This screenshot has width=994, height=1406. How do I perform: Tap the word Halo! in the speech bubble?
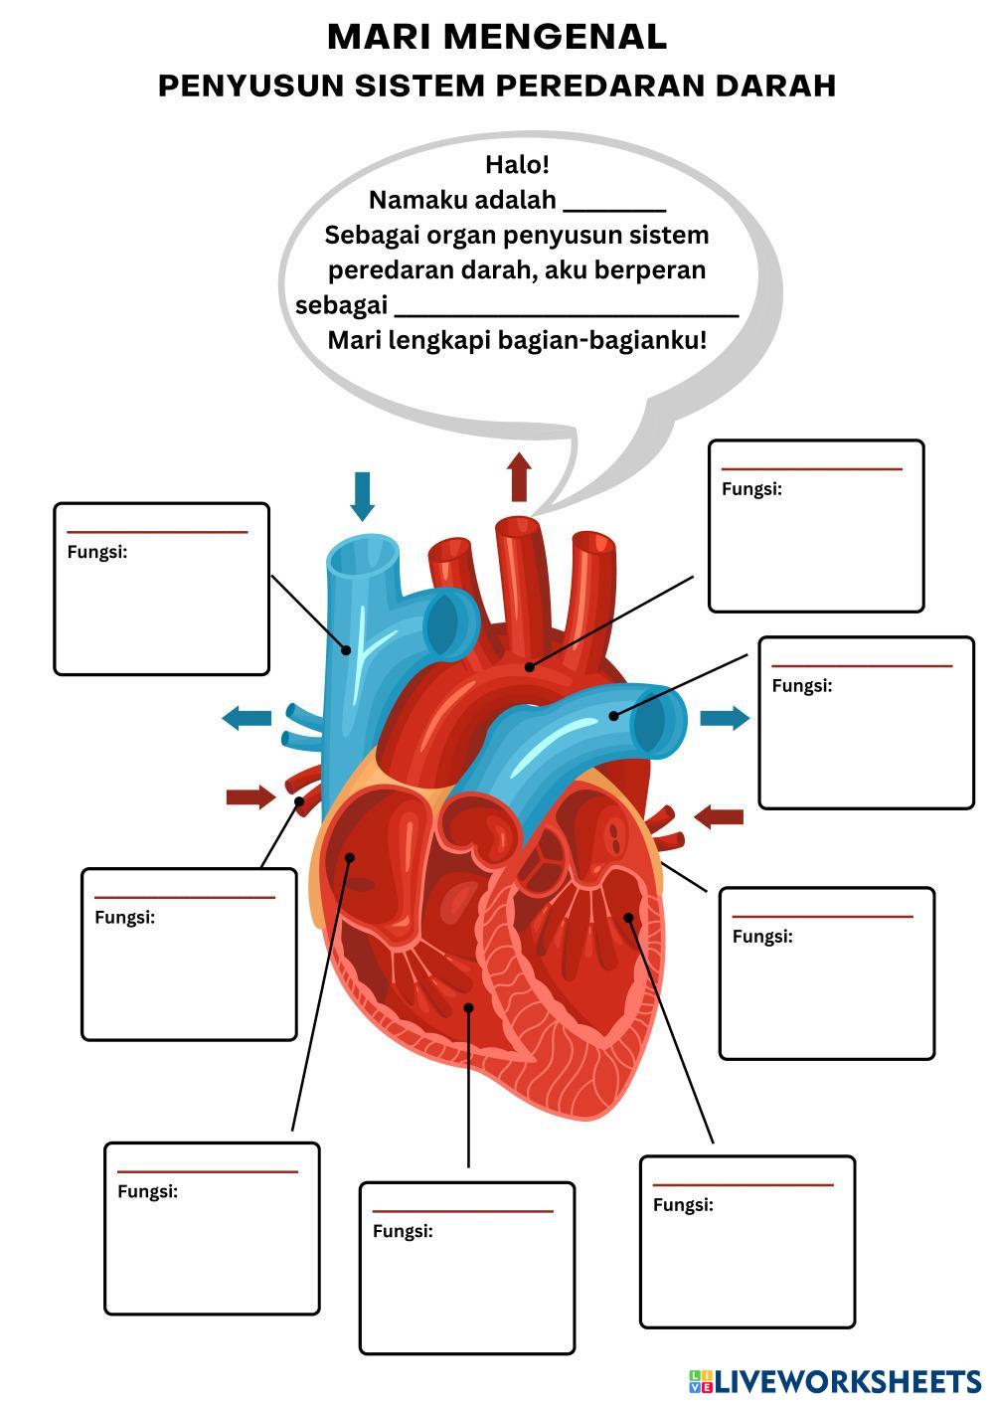(517, 164)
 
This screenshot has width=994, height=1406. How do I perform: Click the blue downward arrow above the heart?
(363, 495)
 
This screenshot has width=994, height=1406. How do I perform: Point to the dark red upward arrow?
(519, 477)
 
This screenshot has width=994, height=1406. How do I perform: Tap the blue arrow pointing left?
(247, 717)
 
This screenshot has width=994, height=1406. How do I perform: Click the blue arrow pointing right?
(725, 718)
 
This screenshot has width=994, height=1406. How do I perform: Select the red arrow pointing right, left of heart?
(250, 796)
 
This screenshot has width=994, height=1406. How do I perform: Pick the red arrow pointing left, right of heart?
(719, 817)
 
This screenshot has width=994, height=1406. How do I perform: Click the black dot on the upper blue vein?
(347, 650)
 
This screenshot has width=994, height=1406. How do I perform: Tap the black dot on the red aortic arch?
(529, 666)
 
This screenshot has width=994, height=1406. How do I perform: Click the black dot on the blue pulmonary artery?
(613, 715)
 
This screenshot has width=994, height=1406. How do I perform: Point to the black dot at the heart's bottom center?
(469, 1007)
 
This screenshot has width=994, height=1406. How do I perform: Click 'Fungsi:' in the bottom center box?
(403, 1231)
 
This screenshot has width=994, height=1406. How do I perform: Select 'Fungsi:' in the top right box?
(751, 489)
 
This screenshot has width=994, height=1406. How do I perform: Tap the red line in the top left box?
(157, 532)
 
